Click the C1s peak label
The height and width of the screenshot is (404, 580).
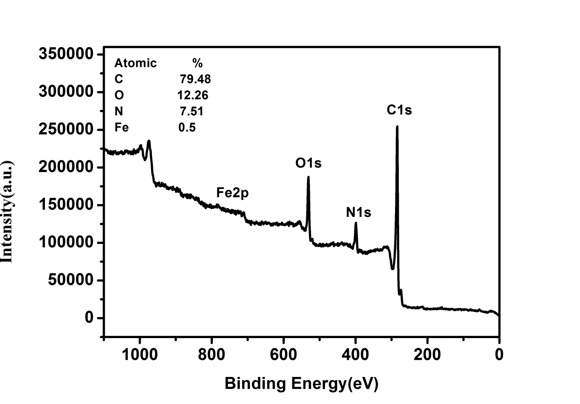[x=399, y=110]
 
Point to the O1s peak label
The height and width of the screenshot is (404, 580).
[x=308, y=163]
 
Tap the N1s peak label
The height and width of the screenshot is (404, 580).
[x=358, y=212]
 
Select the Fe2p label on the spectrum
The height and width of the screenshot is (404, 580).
[x=232, y=193]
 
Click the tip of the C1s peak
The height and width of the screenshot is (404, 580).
[x=397, y=126]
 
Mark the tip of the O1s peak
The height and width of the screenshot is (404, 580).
[x=308, y=177]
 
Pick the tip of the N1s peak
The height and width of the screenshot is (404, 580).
[x=356, y=223]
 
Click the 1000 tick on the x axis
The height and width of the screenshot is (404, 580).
[x=140, y=355]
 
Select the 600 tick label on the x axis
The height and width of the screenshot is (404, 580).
[x=284, y=355]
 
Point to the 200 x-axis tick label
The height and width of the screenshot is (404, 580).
[x=428, y=355]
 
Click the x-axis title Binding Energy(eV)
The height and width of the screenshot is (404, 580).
[x=301, y=383]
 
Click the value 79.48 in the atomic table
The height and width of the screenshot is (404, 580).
[x=195, y=79]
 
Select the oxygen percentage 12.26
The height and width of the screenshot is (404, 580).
[x=193, y=95]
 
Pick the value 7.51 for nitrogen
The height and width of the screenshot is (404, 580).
[x=191, y=111]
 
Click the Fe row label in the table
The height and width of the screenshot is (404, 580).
[x=121, y=127]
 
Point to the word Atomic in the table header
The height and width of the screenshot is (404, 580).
[x=136, y=63]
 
